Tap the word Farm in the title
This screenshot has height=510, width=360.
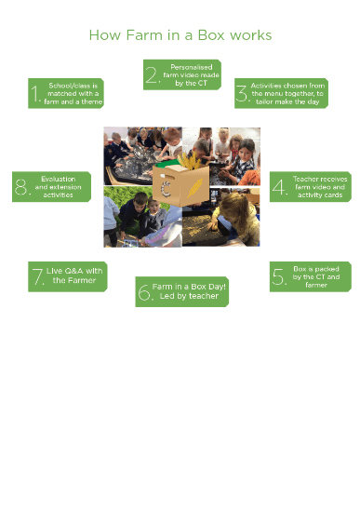pos(144,35)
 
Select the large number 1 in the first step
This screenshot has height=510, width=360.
pos(34,93)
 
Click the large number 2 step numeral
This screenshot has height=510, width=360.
pos(152,75)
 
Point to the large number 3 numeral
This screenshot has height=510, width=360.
pos(242,93)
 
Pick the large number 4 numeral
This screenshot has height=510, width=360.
pos(279,187)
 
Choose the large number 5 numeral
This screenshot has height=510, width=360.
pos(279,276)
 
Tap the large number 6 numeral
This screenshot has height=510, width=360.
pos(144,291)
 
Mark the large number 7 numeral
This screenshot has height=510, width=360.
pos(38,276)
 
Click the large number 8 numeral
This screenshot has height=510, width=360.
pos(21,187)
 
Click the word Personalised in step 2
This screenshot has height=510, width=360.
pos(192,67)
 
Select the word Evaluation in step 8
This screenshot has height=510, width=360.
pos(59,179)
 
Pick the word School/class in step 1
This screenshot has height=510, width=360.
pos(69,86)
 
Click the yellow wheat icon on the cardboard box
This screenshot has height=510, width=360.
pos(194,188)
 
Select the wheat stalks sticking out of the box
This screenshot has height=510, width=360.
pos(189,160)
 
